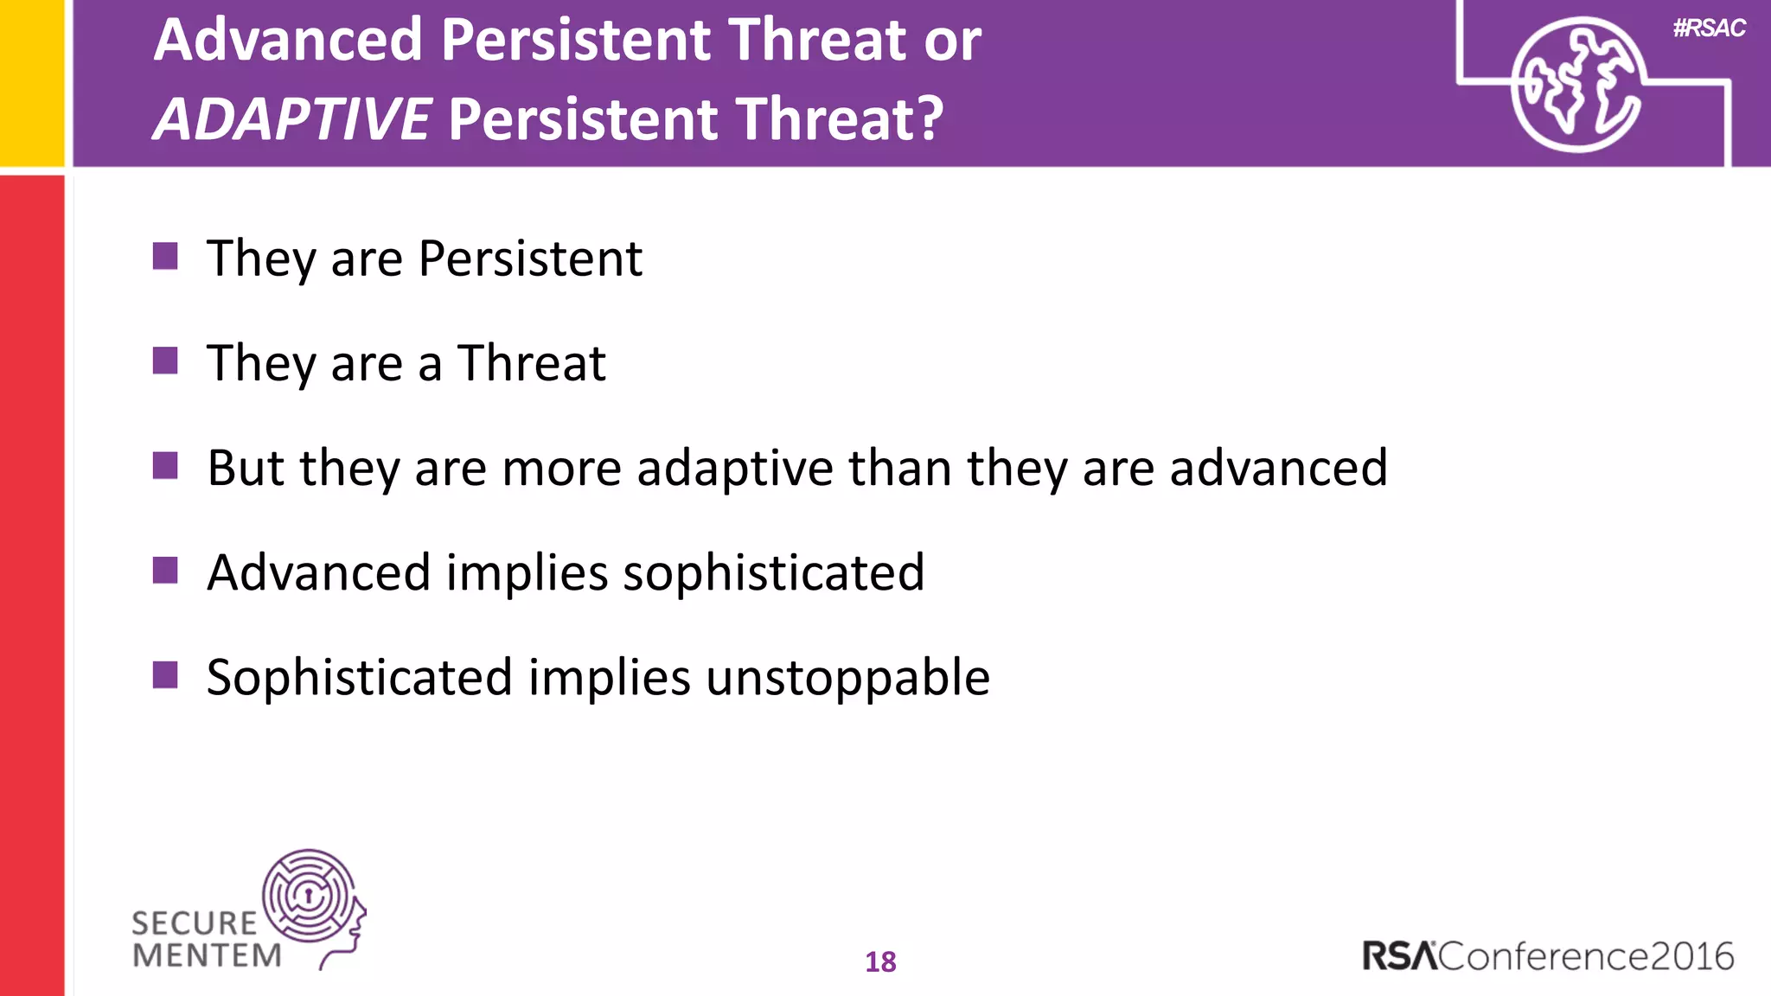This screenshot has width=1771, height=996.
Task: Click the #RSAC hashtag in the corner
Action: [1709, 29]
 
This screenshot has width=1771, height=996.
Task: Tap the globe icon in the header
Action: [1576, 85]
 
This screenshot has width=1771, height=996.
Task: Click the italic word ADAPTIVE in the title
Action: [292, 118]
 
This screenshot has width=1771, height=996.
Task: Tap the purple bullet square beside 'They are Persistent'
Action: [165, 256]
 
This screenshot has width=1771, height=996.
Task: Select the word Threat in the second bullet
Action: [532, 362]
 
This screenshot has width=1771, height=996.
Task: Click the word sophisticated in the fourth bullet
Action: [773, 573]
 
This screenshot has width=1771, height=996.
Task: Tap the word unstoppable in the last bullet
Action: [847, 678]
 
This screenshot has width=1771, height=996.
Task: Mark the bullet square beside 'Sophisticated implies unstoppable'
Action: [165, 675]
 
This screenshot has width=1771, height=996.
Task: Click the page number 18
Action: [880, 961]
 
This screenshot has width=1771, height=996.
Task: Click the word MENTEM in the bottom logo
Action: [208, 955]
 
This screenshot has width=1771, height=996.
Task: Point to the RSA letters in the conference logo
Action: [1398, 956]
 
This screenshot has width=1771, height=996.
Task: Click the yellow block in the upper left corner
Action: [32, 82]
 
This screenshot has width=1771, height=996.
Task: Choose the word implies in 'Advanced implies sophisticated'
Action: [527, 573]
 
